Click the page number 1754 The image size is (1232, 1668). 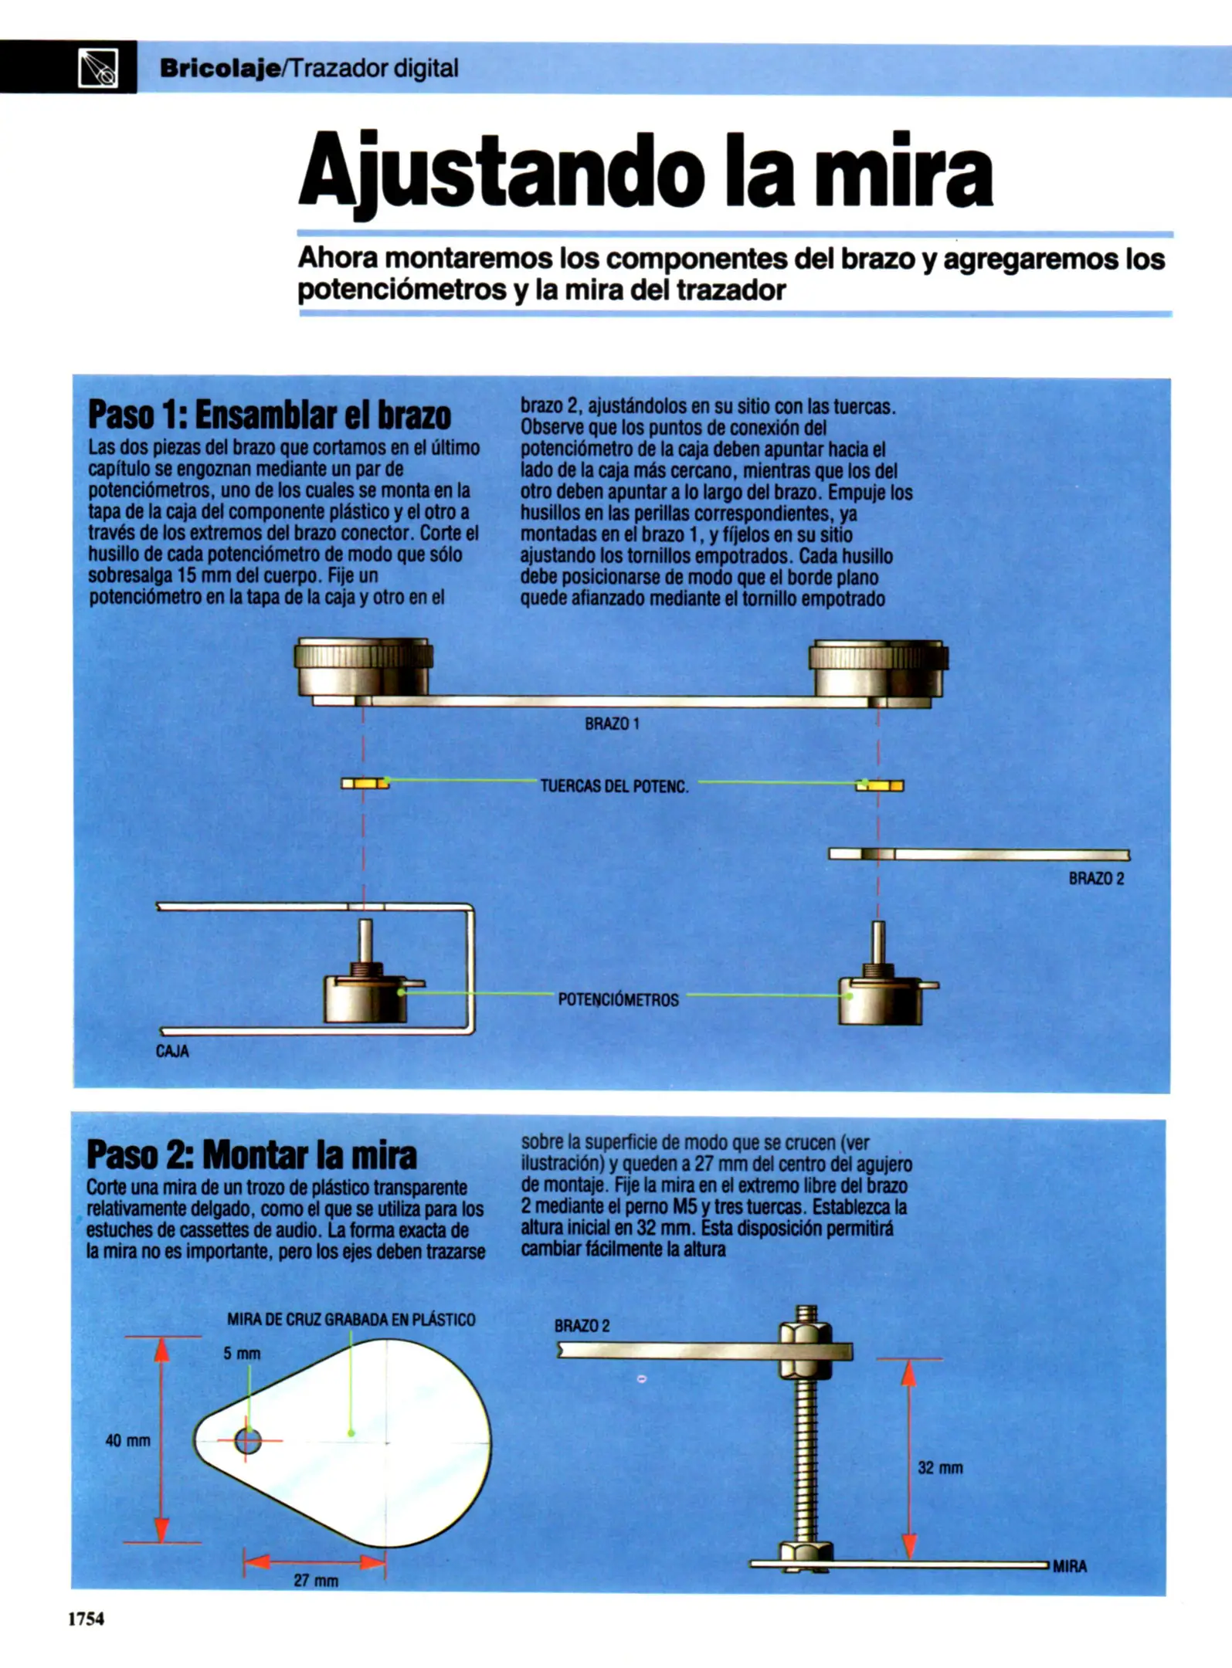(x=86, y=1619)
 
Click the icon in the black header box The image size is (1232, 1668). (x=98, y=68)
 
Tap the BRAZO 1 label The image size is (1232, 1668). (x=612, y=724)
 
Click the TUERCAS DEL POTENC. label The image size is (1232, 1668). (x=614, y=786)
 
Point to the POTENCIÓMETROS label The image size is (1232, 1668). (x=618, y=1000)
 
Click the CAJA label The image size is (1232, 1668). (x=172, y=1051)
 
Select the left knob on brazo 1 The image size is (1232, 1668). (x=363, y=668)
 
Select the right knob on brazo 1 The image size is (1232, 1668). (x=878, y=670)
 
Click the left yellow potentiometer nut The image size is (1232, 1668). (x=365, y=783)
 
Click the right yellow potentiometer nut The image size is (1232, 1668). (x=879, y=786)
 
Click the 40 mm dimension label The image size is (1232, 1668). (x=127, y=1440)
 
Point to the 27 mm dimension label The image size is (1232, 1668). (x=316, y=1580)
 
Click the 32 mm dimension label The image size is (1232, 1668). (x=940, y=1468)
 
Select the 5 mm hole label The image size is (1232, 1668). (x=242, y=1353)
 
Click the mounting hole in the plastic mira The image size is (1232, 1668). (x=248, y=1440)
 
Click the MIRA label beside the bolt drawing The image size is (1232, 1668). (x=1069, y=1566)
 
